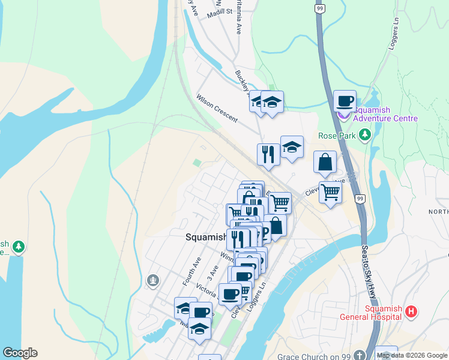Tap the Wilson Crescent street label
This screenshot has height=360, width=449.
pyautogui.click(x=217, y=107)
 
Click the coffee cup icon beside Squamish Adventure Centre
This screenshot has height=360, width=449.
pyautogui.click(x=345, y=101)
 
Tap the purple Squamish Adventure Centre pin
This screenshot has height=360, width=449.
pyautogui.click(x=343, y=115)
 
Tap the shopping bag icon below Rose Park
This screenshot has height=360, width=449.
pyautogui.click(x=325, y=162)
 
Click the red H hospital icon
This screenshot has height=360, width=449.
pyautogui.click(x=411, y=311)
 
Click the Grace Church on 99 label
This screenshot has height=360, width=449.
pyautogui.click(x=314, y=356)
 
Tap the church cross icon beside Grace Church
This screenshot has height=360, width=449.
pyautogui.click(x=358, y=356)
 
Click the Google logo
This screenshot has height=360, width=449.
pyautogui.click(x=20, y=353)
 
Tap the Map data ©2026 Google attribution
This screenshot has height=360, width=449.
pyautogui.click(x=412, y=356)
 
